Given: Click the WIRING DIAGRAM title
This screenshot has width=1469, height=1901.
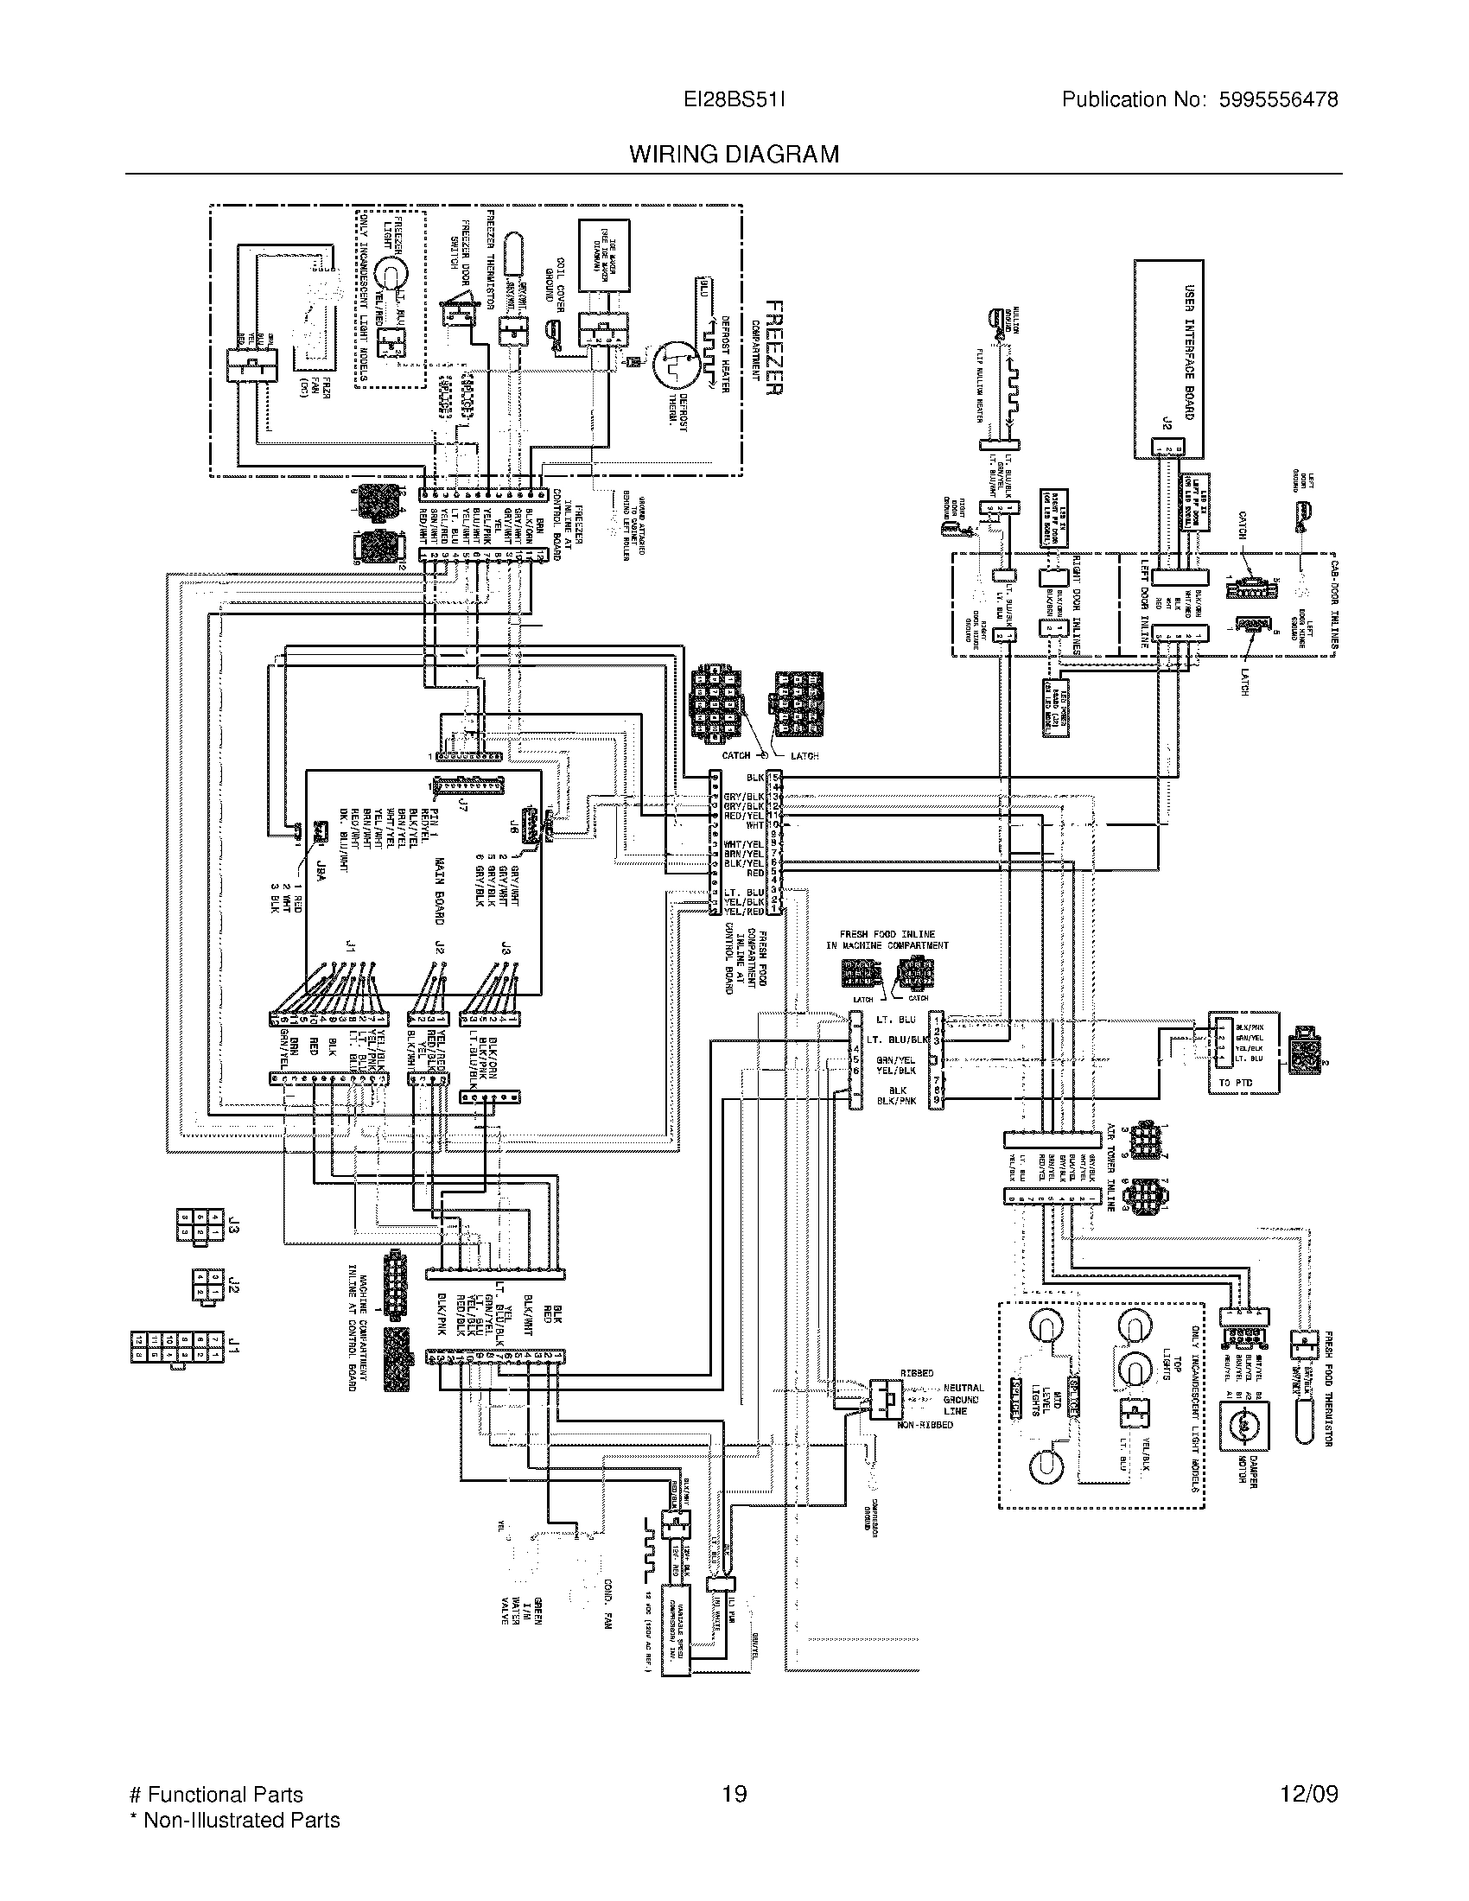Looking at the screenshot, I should click(734, 155).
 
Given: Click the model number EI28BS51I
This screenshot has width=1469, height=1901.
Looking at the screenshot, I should click(734, 100).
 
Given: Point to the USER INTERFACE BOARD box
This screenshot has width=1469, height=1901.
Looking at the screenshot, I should click(1169, 359).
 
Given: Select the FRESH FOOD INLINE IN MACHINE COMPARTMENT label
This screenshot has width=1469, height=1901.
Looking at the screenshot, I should click(887, 939).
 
